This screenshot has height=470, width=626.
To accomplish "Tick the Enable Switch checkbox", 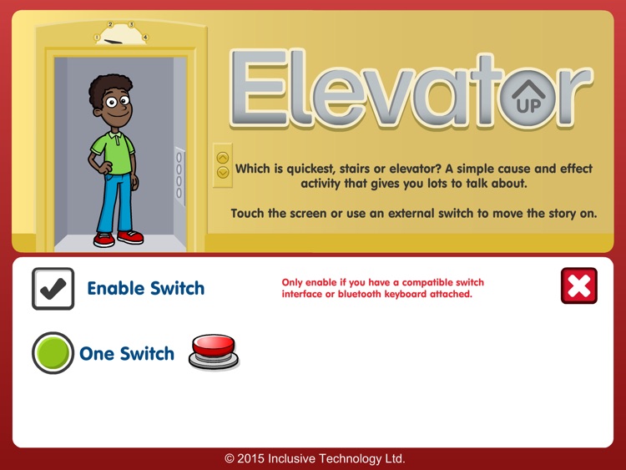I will pyautogui.click(x=53, y=288).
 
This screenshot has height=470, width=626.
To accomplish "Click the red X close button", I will pyautogui.click(x=579, y=286).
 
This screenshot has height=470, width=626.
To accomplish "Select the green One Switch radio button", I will pyautogui.click(x=53, y=353).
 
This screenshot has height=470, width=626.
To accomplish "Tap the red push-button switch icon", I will pyautogui.click(x=214, y=351).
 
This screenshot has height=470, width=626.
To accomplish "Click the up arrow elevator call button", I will pyautogui.click(x=223, y=157).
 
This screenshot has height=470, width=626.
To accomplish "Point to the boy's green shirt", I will pyautogui.click(x=112, y=150).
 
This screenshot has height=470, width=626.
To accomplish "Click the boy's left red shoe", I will pyautogui.click(x=104, y=240).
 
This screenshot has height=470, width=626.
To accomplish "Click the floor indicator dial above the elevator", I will pyautogui.click(x=122, y=34).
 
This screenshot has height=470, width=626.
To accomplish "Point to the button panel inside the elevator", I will pyautogui.click(x=179, y=176).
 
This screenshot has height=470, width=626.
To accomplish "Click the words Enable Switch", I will pyautogui.click(x=145, y=289).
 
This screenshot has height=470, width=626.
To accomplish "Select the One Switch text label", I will pyautogui.click(x=127, y=354).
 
